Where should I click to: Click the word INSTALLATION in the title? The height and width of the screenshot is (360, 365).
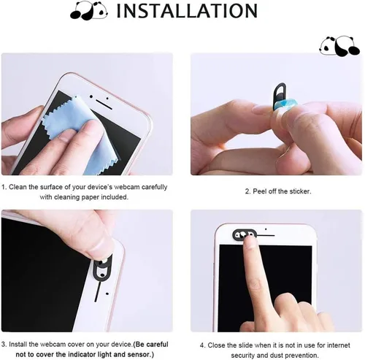click(x=187, y=11)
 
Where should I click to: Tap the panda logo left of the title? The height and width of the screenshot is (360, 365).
click(x=89, y=11)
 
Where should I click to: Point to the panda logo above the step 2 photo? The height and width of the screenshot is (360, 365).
click(x=339, y=46)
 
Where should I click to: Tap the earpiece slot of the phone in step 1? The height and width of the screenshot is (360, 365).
click(x=104, y=104)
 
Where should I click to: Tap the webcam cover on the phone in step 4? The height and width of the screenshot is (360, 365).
click(x=245, y=235)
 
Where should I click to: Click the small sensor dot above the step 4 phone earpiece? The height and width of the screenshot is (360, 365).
click(x=266, y=229)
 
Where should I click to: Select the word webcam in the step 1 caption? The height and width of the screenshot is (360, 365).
click(x=127, y=187)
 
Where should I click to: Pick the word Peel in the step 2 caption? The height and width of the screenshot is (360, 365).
click(x=259, y=191)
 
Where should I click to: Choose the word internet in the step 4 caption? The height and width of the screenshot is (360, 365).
click(x=338, y=345)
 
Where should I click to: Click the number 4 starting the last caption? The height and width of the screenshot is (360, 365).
click(x=202, y=345)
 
